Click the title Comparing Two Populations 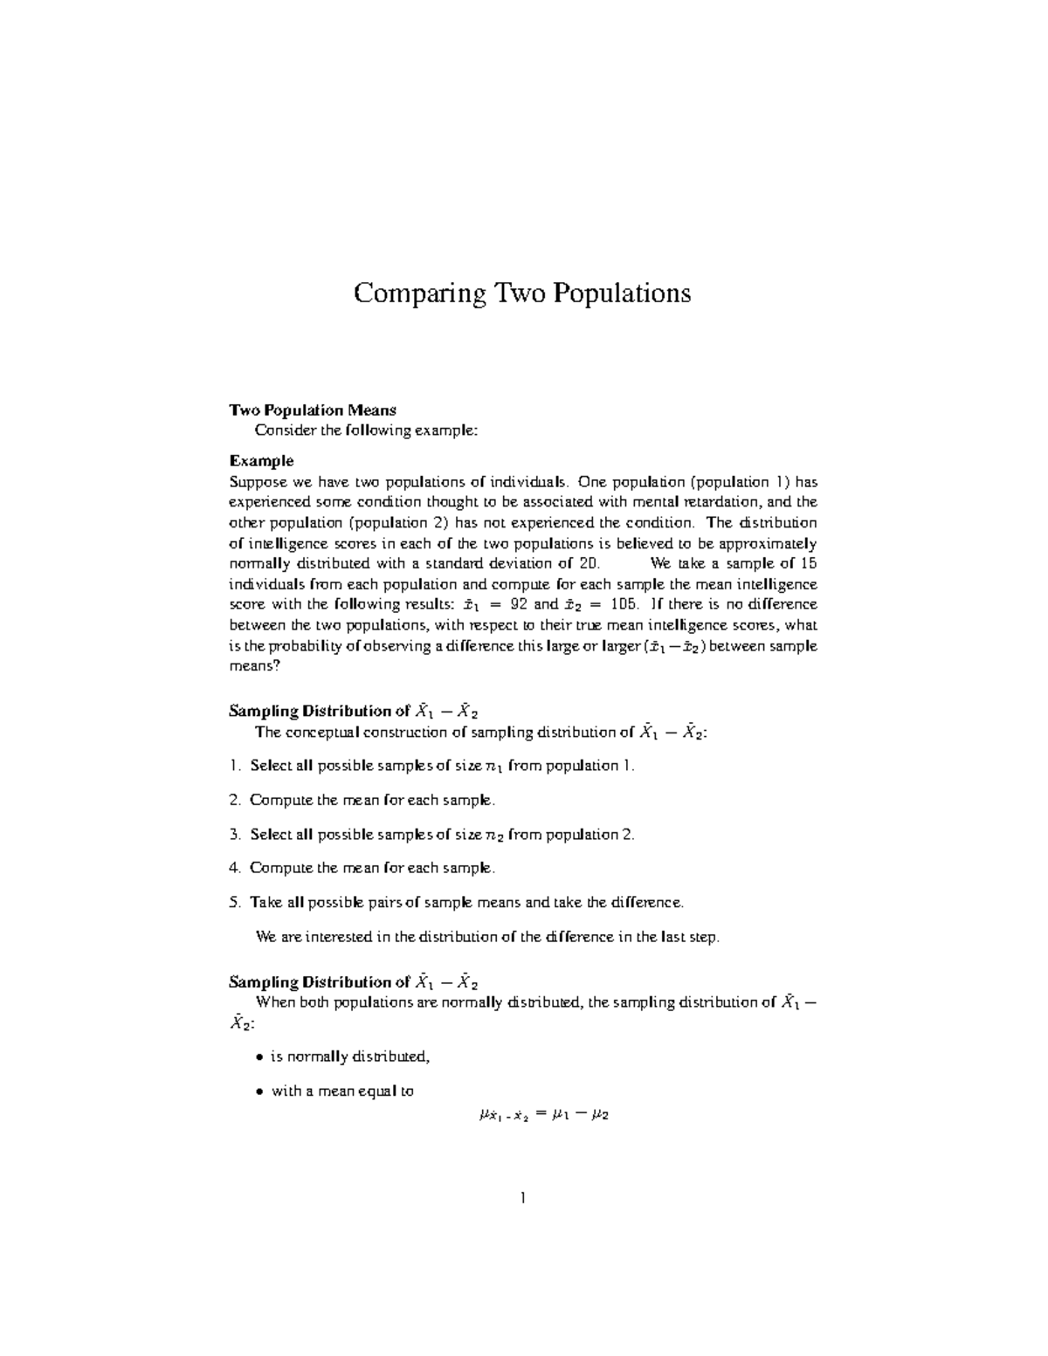(x=521, y=293)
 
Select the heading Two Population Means (x=312, y=410)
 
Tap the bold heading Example (x=261, y=461)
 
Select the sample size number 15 (x=808, y=563)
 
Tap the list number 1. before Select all (x=234, y=766)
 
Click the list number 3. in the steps (x=234, y=834)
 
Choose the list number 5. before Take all (x=234, y=902)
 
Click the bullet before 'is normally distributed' (x=259, y=1057)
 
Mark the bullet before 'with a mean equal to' (x=259, y=1091)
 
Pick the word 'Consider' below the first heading (x=282, y=430)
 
